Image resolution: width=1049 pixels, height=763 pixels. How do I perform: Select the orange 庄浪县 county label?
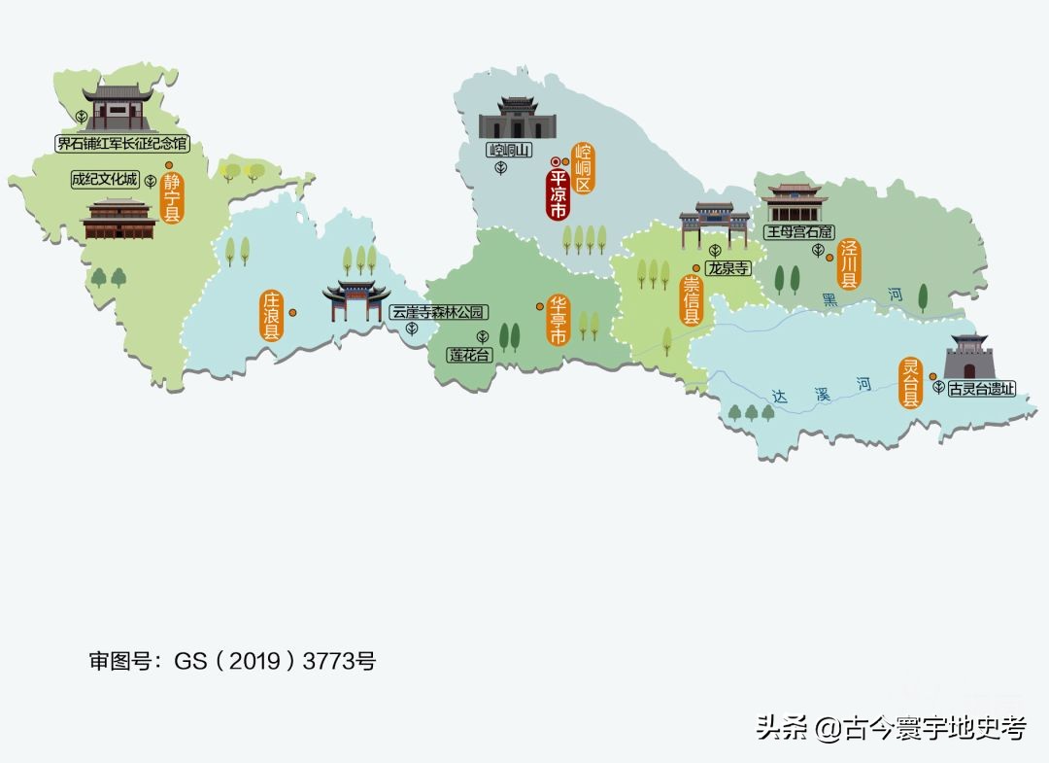271,315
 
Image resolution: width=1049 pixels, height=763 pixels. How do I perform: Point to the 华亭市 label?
558,320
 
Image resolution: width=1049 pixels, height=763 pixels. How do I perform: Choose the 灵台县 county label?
910,382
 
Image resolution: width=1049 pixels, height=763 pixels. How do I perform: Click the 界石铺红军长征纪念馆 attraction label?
121,144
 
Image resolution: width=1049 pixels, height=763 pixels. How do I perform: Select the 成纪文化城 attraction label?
105,180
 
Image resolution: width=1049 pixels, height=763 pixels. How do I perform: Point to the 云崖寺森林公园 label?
437,312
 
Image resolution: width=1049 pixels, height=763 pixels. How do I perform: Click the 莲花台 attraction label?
470,355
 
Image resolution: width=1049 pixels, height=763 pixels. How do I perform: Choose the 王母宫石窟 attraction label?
799,232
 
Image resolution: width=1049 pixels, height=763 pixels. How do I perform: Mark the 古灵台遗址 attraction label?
981,388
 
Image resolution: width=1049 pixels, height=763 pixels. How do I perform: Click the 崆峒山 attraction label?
509,151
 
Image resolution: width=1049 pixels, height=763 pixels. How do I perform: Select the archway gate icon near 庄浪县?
356,300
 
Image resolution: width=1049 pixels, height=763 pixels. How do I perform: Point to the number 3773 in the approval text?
327,662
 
